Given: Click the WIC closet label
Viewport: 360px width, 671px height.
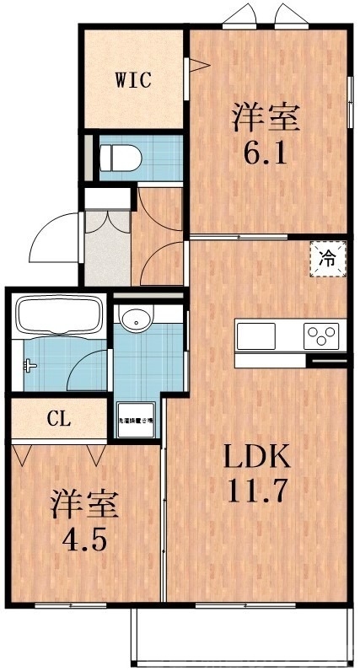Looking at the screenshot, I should pos(133,81).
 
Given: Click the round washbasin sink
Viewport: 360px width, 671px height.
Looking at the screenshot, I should pos(135,319).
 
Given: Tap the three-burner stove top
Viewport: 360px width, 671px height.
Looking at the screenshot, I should pos(322,336).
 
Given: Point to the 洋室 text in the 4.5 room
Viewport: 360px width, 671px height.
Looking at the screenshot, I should pos(83,506).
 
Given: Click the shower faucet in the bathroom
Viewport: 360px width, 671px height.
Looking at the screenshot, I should pos(31,366).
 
